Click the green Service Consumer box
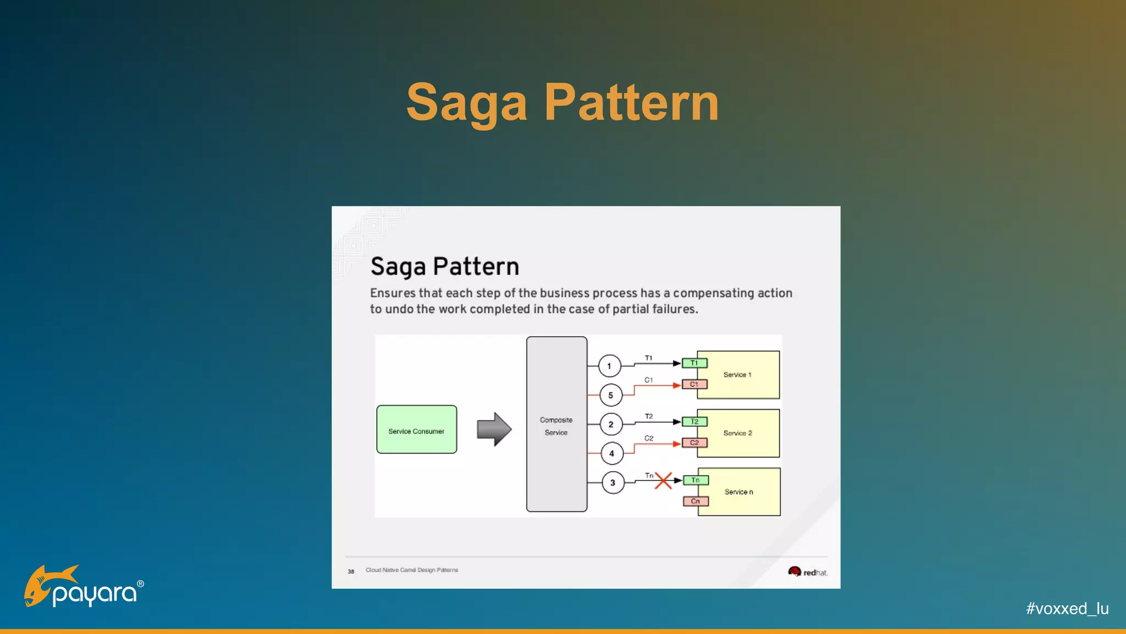click(x=416, y=430)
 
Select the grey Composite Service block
click(x=556, y=424)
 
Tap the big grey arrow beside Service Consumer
click(x=494, y=429)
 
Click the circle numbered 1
click(x=609, y=366)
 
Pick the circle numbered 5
click(x=610, y=395)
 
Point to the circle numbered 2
click(x=611, y=424)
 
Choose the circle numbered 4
click(x=611, y=453)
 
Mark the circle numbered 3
click(x=612, y=483)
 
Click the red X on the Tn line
click(x=663, y=480)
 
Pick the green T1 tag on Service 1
click(x=694, y=363)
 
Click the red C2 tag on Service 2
click(x=694, y=442)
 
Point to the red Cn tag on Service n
click(x=696, y=501)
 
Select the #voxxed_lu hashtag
click(x=1067, y=609)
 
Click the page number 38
click(x=351, y=571)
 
